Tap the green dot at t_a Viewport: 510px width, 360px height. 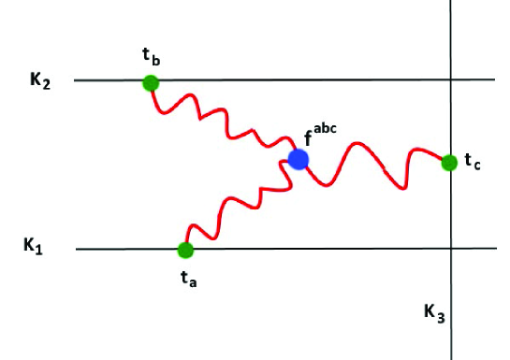[x=185, y=250]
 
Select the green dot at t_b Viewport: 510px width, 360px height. [x=151, y=82]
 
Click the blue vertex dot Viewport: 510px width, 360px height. [x=299, y=159]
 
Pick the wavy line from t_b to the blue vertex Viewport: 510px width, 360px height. [x=225, y=117]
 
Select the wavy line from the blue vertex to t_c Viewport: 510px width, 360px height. [x=374, y=165]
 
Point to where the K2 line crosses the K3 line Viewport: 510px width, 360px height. [x=451, y=80]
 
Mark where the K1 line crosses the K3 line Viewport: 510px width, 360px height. [x=451, y=249]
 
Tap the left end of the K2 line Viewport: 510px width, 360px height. [x=75, y=80]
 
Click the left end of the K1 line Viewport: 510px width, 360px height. [x=77, y=250]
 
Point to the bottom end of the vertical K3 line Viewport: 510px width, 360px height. [x=451, y=357]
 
